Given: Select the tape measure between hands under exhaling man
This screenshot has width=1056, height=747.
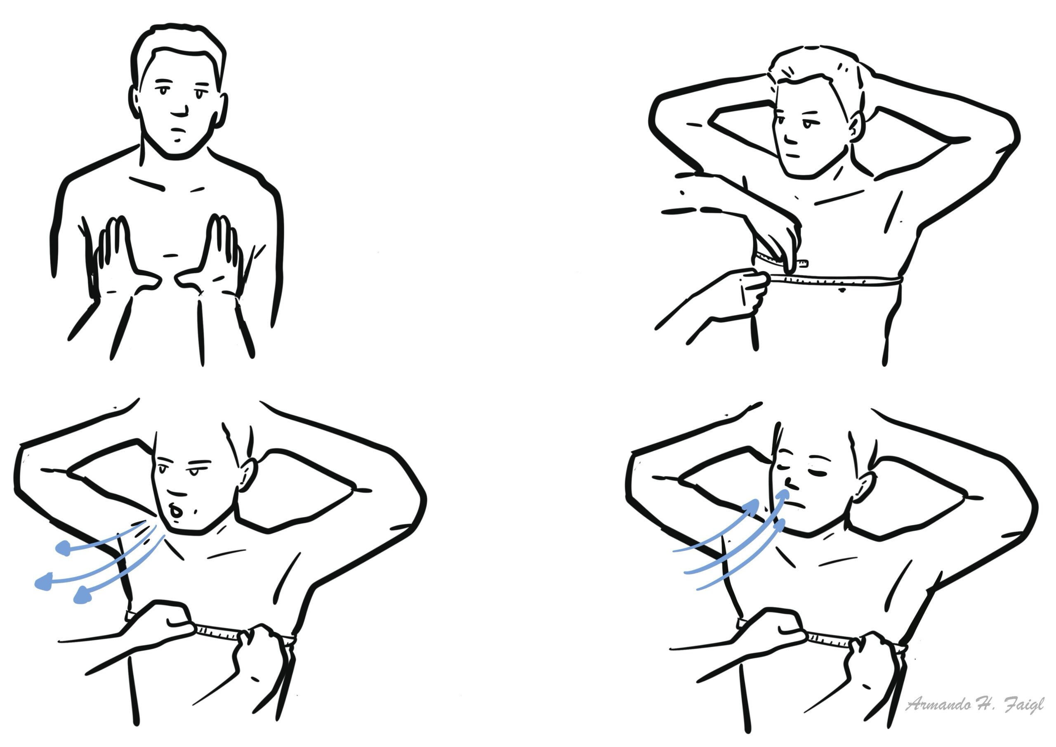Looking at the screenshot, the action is (x=217, y=632).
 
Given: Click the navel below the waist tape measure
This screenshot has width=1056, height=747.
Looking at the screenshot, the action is (x=841, y=291).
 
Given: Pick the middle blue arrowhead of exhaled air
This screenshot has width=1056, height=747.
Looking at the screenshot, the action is (x=44, y=582).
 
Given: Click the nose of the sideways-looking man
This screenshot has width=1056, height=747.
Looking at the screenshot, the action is (x=789, y=138).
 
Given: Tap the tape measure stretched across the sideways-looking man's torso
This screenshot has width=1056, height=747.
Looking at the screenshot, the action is (x=835, y=279).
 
